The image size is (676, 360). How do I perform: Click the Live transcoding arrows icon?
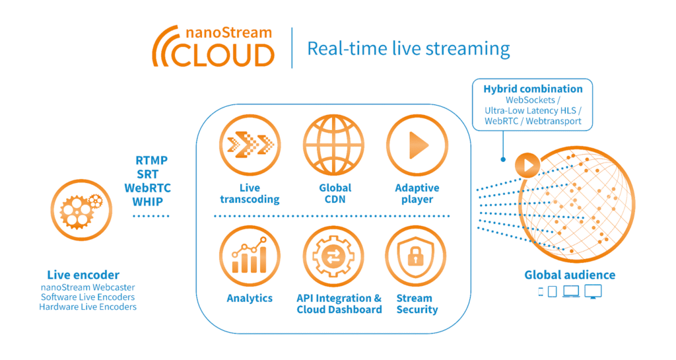coord(250,145)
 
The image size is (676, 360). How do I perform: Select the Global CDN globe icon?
coord(335,145)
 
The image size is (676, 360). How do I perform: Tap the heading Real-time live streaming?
coord(409,49)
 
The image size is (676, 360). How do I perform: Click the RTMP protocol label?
coord(151,161)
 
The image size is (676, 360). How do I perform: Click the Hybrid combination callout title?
coord(533,89)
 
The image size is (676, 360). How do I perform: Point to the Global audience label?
coord(570,275)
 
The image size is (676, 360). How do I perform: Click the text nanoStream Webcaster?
coord(87,287)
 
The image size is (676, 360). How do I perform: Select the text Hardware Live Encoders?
coord(87,306)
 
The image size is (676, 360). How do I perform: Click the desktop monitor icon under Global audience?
coord(593,291)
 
